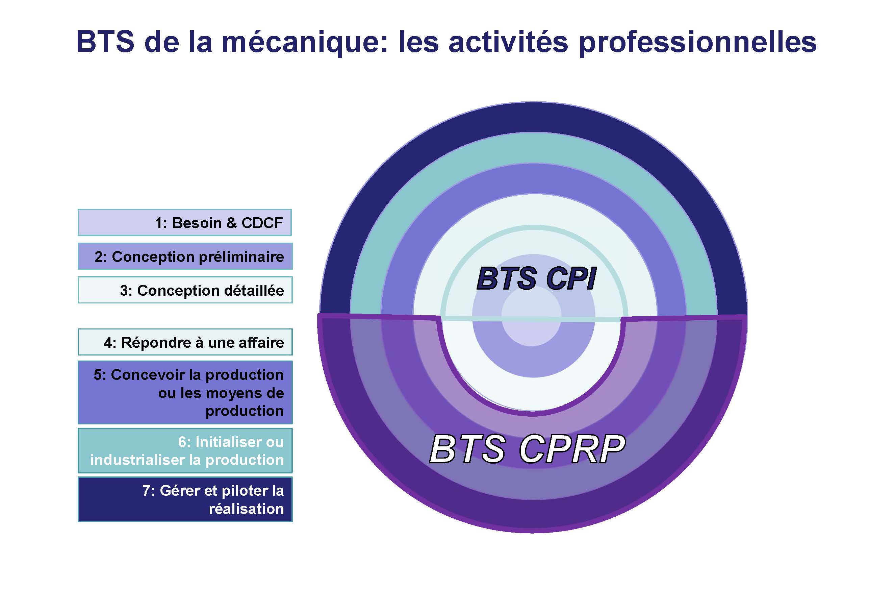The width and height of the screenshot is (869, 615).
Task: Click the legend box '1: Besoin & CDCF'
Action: point(185,222)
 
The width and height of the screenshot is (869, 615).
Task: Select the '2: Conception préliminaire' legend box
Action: point(185,256)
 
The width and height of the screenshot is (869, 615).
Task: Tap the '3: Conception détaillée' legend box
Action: point(185,290)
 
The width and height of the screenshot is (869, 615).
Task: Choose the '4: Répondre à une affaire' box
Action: point(185,342)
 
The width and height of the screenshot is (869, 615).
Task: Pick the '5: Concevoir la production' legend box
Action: point(185,392)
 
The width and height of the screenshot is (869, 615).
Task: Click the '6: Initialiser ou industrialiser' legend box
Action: point(185,451)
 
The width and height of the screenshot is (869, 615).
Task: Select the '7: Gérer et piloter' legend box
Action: point(185,499)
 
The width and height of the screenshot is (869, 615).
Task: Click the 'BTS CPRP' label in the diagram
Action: point(527,449)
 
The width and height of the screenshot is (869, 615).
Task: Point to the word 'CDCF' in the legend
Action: point(262,223)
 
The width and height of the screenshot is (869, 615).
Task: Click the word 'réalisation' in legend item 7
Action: point(247,509)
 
